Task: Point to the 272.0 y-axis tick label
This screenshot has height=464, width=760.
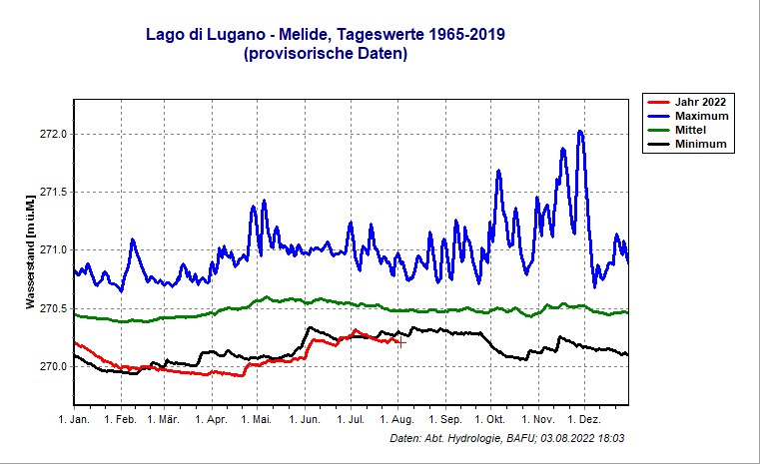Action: [x=52, y=134]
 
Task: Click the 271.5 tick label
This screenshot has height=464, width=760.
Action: [x=52, y=193]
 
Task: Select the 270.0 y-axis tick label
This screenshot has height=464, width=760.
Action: [x=52, y=366]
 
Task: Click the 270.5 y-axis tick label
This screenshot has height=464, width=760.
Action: [x=52, y=308]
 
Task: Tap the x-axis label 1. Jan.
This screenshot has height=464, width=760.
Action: [x=75, y=421]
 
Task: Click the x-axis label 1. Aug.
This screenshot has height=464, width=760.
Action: [x=396, y=421]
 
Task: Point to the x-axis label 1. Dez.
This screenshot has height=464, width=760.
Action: [x=583, y=421]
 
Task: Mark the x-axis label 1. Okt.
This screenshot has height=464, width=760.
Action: [x=490, y=421]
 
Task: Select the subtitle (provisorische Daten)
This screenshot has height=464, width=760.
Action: [x=325, y=55]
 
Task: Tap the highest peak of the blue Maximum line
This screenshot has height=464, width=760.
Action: [x=580, y=131]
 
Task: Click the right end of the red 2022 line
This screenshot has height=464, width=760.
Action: [x=400, y=342]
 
